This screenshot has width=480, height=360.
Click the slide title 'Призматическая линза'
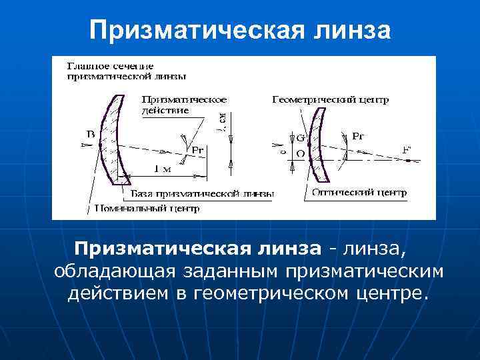tap(239, 29)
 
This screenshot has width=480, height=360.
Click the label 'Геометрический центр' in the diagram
tap(331, 99)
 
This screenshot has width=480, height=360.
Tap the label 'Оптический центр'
tap(358, 191)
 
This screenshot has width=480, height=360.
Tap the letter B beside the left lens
tap(90, 134)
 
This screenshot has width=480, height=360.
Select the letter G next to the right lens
tap(300, 138)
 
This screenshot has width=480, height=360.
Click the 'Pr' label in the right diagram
tap(358, 136)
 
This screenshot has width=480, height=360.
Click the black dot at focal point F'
tap(418, 161)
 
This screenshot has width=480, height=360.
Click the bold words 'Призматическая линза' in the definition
tap(197, 249)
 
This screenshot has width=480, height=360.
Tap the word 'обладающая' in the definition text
tap(114, 271)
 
